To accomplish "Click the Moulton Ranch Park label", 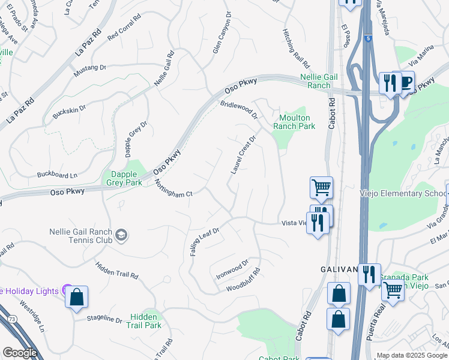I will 294,122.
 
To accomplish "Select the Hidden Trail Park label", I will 144,321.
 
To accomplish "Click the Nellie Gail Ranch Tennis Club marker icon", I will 121,234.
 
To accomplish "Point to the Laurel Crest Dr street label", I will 243,155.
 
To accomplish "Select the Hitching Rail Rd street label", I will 296,48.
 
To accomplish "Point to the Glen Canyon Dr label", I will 221,34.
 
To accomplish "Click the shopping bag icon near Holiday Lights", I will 77,297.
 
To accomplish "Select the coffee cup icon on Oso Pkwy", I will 406,81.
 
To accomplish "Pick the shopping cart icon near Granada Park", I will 393,290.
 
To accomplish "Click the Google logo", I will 20,353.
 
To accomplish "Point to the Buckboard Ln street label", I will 58,175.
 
